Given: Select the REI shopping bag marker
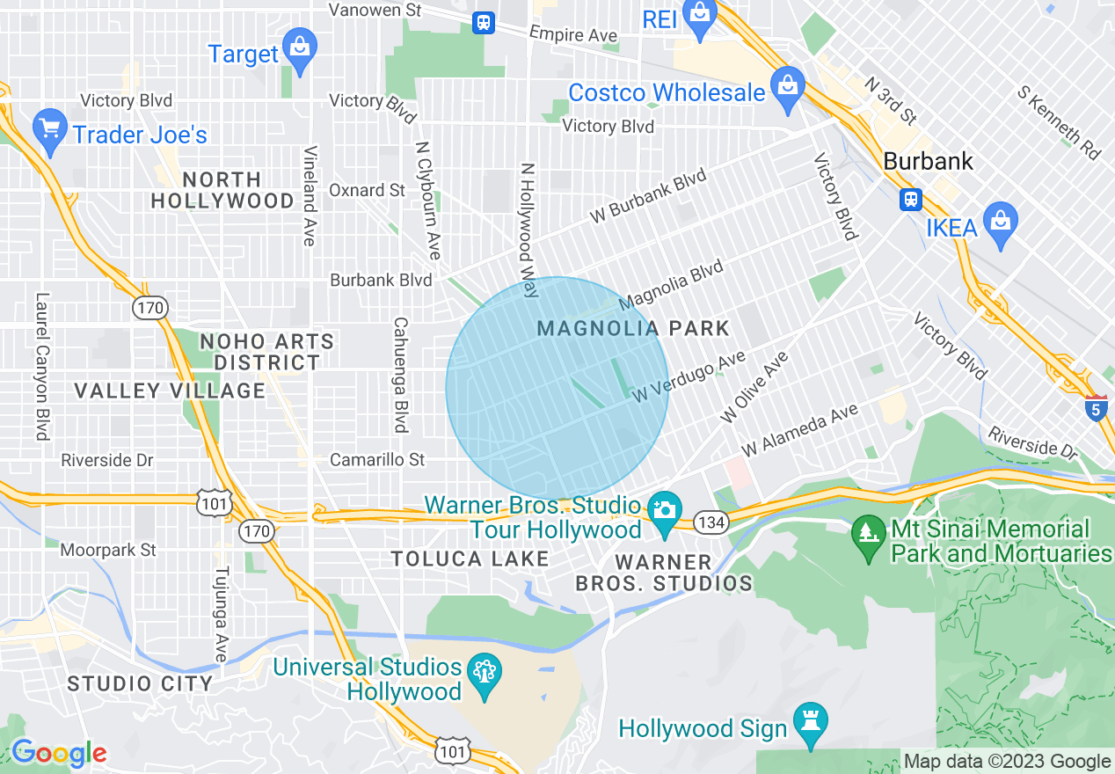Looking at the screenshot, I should tap(700, 18).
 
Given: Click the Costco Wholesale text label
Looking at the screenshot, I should tap(666, 92).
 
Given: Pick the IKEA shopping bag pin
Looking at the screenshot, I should tap(1001, 221).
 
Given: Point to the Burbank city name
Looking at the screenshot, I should tap(928, 162).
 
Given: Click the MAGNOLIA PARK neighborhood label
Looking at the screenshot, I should tap(633, 329).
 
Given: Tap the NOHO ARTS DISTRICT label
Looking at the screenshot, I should tap(267, 352).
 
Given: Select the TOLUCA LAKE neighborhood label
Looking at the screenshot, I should tap(470, 559).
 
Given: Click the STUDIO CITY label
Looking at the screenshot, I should tap(140, 683).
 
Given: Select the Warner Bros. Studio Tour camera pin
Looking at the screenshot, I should tap(665, 512).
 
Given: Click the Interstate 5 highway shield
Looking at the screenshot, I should tap(1096, 409).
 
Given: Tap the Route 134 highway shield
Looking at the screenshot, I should tap(710, 522).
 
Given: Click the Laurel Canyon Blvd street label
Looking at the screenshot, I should tap(41, 366).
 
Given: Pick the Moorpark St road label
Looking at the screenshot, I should tap(108, 551).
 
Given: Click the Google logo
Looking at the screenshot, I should tap(58, 753).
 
